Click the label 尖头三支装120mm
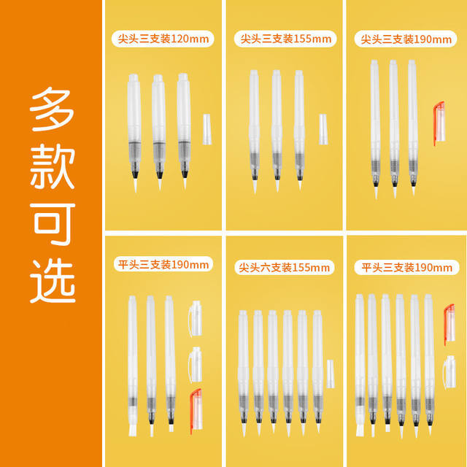tap(163, 39)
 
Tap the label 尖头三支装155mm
tap(285, 39)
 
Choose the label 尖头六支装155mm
tap(285, 268)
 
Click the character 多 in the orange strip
tap(52, 109)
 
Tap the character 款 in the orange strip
tap(53, 166)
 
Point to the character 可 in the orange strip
tap(53, 224)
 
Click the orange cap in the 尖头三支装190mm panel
tap(439, 123)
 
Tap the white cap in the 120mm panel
tap(207, 129)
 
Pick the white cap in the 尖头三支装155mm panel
tap(323, 129)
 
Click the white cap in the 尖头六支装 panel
tap(331, 374)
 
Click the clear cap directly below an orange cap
tap(449, 372)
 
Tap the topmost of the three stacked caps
tap(196, 319)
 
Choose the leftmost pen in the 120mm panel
tap(134, 133)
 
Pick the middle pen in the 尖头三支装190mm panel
tap(394, 128)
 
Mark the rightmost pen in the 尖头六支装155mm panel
tap(318, 371)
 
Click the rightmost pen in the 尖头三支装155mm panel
tap(299, 130)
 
